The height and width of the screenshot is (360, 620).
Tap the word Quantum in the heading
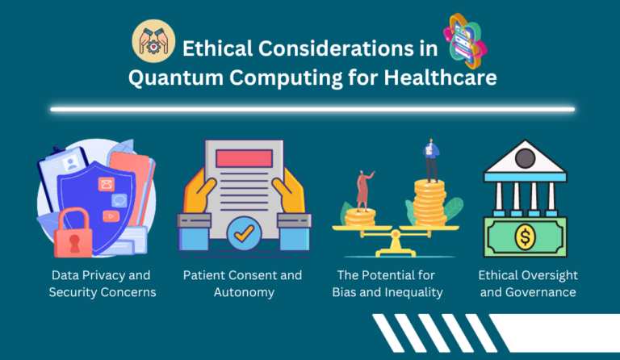click(173, 78)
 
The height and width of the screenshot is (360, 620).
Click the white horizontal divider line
click(312, 109)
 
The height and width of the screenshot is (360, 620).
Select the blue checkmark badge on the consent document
click(242, 235)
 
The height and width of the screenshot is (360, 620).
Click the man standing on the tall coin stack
click(430, 161)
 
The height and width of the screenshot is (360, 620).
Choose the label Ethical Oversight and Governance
click(528, 283)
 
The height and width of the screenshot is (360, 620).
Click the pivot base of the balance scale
click(395, 245)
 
